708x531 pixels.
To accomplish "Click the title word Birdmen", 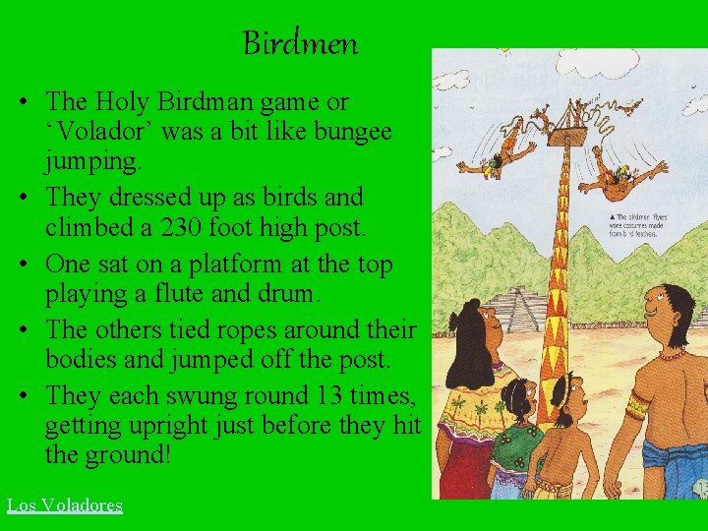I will coord(300,43).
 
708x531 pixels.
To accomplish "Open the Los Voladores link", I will coord(65,505).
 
